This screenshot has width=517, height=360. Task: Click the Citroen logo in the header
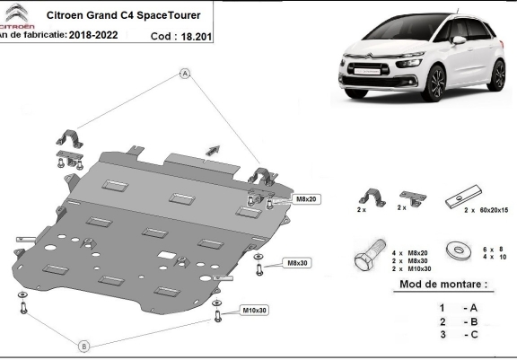[x=16, y=16]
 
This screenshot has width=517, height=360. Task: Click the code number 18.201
[x=197, y=37]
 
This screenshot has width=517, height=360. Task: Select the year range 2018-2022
[x=93, y=35]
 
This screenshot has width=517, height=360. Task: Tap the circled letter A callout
[x=185, y=74]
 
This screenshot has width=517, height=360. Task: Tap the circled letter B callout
[x=84, y=347]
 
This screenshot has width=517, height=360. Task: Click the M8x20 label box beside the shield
[x=306, y=199]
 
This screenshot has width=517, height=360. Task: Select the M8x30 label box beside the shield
[x=297, y=263]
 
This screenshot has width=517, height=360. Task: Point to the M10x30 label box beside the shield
[x=254, y=311]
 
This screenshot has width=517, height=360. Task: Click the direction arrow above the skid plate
[x=213, y=150]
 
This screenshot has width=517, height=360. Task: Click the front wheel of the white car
[x=434, y=83]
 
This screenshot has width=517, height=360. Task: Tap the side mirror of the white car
[x=459, y=40]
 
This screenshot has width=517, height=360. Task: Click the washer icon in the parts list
[x=459, y=250]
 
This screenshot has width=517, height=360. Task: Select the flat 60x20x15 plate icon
[x=463, y=197]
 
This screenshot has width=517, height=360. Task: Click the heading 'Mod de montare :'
[x=443, y=285]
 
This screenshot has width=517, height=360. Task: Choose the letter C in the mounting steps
[x=474, y=335]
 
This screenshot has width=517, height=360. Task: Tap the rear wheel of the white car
[x=498, y=75]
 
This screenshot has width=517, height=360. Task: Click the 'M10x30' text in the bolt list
[x=419, y=269]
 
